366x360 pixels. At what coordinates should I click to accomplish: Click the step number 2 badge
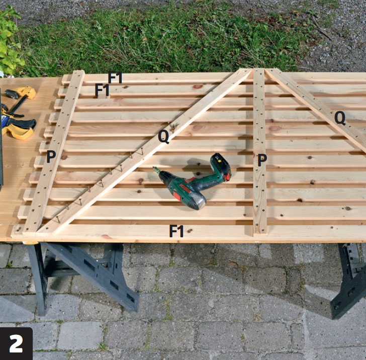[16, 343]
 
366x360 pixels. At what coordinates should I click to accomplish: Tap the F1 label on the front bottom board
[176, 231]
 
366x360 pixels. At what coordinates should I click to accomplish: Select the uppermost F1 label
[115, 77]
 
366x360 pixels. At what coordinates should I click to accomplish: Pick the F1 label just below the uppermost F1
[102, 90]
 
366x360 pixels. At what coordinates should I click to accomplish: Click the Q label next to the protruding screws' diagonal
[163, 137]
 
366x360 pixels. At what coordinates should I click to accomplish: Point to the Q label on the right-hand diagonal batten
[340, 118]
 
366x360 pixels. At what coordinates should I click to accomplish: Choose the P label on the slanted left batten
[51, 157]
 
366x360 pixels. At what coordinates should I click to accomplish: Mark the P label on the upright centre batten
[262, 160]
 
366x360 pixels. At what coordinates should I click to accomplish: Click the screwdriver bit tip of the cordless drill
[154, 167]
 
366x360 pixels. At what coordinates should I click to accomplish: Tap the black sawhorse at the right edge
[349, 280]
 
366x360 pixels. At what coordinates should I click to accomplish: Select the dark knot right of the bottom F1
[190, 231]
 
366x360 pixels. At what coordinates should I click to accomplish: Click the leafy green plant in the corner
[11, 42]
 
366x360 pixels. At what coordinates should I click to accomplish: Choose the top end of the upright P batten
[258, 69]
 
